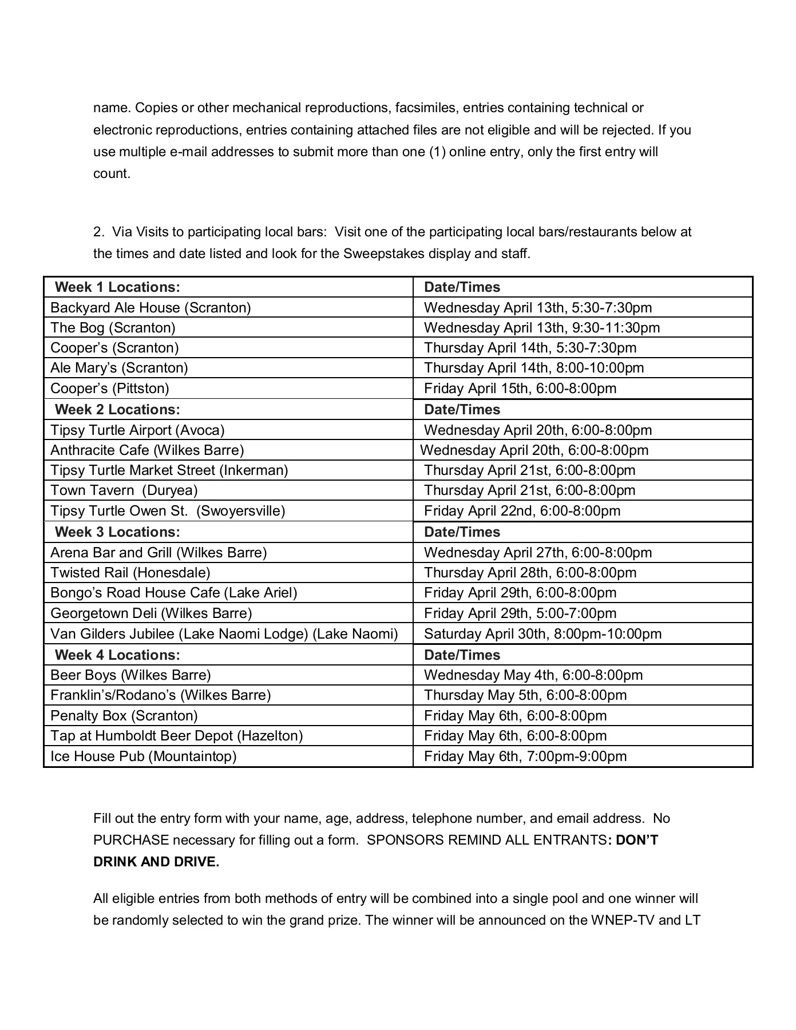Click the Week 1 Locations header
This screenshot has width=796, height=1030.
(x=117, y=287)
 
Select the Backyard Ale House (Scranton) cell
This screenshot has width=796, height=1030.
(x=151, y=308)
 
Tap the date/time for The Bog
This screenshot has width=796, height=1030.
(x=541, y=328)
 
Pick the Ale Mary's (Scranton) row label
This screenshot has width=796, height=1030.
(x=119, y=368)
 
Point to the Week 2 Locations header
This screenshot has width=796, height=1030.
(x=117, y=410)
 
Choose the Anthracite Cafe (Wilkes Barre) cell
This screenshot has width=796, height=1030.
(x=147, y=450)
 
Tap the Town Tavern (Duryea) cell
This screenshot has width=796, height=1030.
(x=124, y=490)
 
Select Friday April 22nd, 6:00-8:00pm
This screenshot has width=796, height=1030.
(x=522, y=511)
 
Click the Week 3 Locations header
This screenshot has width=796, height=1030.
(x=117, y=532)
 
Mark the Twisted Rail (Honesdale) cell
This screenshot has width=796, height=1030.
(x=130, y=573)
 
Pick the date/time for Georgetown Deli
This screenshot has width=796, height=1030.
(x=520, y=613)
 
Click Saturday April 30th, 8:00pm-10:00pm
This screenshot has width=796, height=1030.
(x=542, y=634)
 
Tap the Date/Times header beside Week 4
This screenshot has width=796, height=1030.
(x=462, y=655)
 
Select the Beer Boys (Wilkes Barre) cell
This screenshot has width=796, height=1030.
(x=130, y=675)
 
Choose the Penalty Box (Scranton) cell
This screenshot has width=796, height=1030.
(x=124, y=716)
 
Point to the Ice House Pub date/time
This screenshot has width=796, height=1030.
(x=525, y=756)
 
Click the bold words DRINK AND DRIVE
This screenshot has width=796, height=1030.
(x=156, y=862)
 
